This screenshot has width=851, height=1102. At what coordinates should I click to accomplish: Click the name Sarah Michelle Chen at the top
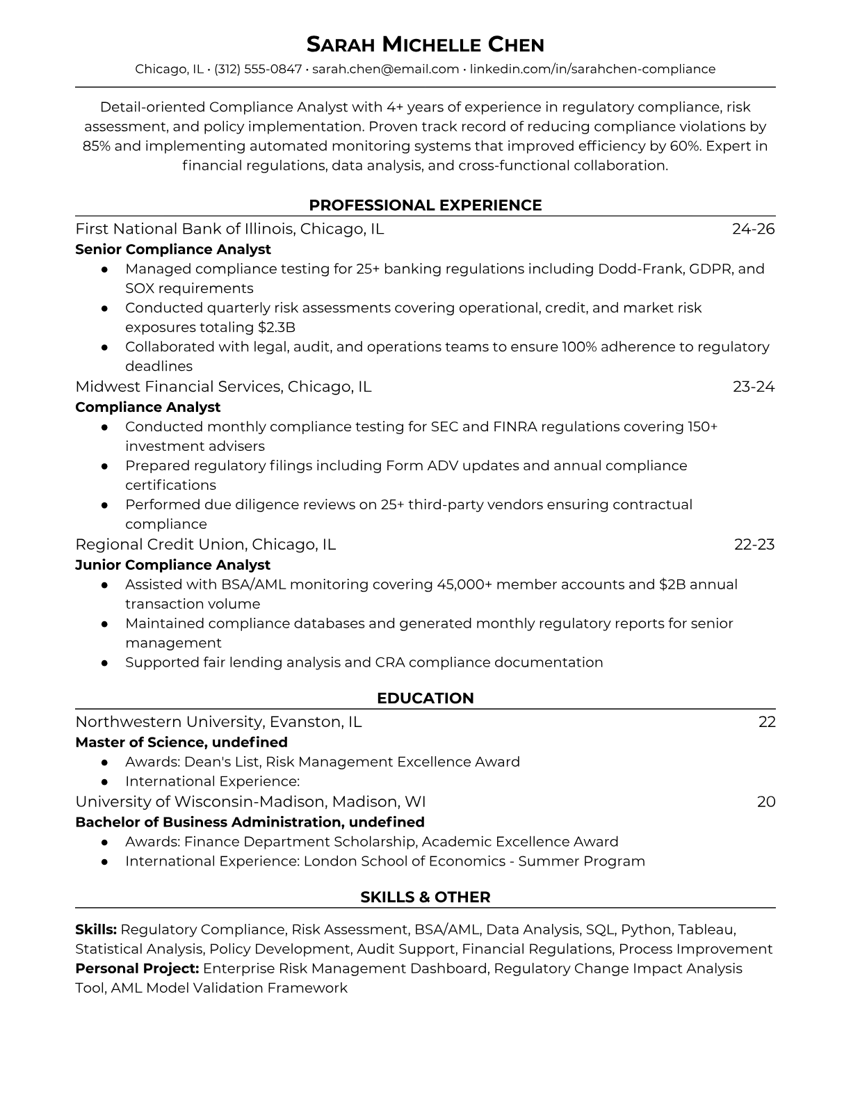425,45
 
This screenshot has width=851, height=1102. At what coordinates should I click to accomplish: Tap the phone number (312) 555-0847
258,69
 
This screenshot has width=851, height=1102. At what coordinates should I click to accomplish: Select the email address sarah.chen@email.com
385,69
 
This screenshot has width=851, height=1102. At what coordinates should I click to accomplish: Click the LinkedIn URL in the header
592,69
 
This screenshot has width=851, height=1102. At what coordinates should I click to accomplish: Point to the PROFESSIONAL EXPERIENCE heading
425,205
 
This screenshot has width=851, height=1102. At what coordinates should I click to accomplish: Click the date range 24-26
753,229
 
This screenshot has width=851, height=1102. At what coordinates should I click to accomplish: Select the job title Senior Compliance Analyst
173,249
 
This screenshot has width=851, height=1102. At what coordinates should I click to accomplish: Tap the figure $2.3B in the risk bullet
277,327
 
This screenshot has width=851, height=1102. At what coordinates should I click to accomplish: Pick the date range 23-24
753,387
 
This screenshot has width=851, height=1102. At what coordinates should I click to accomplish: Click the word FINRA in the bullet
514,426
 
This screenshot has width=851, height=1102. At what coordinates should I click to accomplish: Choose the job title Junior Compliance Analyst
172,565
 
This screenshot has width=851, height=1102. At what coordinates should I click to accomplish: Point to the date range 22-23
754,545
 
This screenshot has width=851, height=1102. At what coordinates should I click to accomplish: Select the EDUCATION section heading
425,698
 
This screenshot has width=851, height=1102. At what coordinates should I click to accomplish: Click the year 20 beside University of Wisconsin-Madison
765,802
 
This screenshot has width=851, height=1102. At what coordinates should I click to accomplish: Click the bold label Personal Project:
137,968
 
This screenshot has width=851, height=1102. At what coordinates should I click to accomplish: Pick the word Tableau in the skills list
706,929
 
